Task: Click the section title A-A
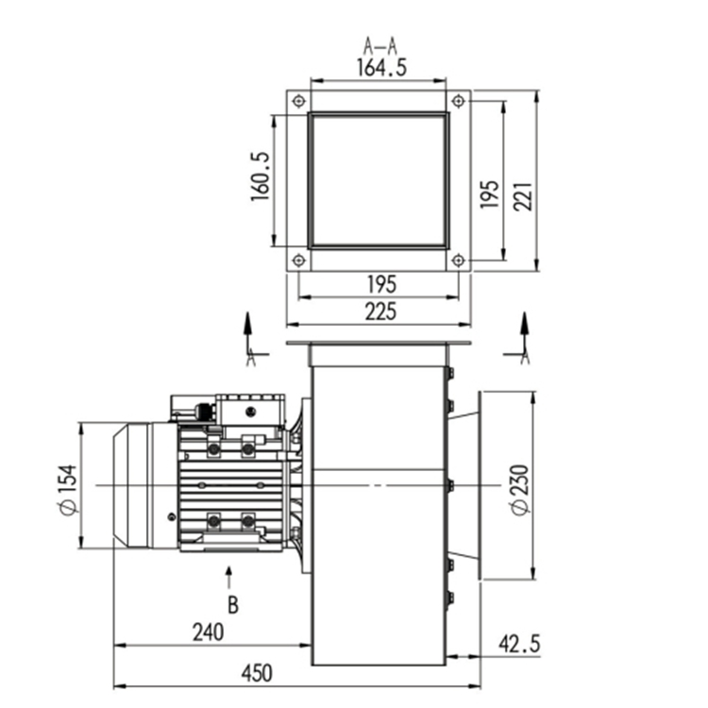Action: [380, 46]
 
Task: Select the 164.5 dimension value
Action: [381, 68]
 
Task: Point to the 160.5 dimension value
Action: [261, 177]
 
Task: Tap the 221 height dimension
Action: [523, 197]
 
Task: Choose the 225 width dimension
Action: [380, 312]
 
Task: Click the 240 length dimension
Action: [209, 632]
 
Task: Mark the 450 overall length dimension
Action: [257, 673]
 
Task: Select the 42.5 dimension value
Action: [519, 644]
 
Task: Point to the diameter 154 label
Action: [68, 489]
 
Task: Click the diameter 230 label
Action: [520, 489]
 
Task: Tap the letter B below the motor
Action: [233, 605]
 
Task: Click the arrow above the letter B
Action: [229, 577]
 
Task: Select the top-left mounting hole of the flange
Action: [298, 101]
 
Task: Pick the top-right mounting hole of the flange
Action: [458, 101]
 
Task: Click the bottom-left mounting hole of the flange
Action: [298, 261]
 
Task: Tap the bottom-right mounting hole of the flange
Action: [458, 261]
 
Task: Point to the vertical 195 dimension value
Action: [489, 194]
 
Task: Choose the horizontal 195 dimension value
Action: [381, 284]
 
